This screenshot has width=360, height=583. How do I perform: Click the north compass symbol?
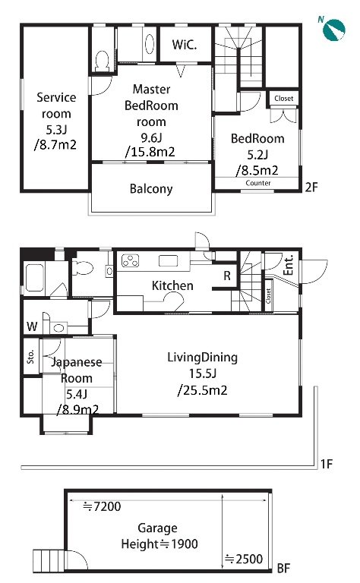tap(333, 29)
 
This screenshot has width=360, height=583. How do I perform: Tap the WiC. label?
tap(185, 45)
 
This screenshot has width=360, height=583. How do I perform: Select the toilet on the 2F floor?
tap(102, 61)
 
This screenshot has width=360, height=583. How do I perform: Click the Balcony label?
tap(151, 189)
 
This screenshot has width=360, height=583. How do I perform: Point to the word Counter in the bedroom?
tap(258, 183)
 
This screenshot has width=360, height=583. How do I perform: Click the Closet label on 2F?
tap(284, 98)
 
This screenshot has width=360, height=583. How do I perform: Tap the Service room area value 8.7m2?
tap(55, 144)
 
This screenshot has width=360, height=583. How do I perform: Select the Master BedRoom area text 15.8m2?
tap(150, 152)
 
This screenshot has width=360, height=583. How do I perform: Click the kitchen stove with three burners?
tap(130, 260)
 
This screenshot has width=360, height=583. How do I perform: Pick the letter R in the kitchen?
tap(227, 276)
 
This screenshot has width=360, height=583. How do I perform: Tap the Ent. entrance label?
tap(289, 265)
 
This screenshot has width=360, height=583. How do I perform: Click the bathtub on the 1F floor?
tap(35, 278)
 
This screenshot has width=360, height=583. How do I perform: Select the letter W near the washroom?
tap(32, 326)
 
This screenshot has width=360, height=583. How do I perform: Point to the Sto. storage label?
tap(31, 356)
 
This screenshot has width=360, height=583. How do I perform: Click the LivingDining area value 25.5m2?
tap(202, 390)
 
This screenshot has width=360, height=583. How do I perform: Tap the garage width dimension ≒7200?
tap(102, 506)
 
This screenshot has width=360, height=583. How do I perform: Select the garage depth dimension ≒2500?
tap(244, 559)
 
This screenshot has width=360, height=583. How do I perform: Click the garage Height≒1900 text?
tap(159, 544)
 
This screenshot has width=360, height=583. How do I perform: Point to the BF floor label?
tap(283, 568)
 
